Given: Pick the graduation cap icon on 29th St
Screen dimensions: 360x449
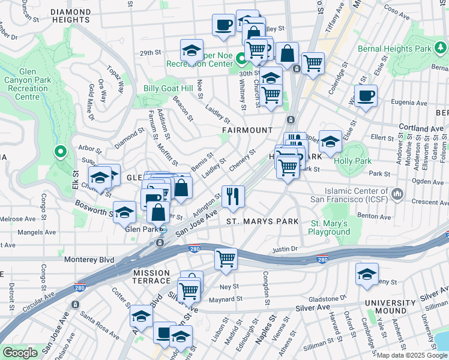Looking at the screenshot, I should pos(191,50).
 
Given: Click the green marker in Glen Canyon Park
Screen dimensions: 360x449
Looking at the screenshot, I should pos(59,152).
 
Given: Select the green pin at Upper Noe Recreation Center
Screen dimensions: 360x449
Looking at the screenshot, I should pos(241,59).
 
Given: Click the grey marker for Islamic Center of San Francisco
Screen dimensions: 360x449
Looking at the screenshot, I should pos(397,194).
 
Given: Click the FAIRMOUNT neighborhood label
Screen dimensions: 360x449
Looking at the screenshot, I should pos(247,130).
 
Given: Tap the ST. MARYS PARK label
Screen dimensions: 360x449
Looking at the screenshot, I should pos(262,221).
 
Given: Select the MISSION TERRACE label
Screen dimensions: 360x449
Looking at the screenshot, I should pos(151,277).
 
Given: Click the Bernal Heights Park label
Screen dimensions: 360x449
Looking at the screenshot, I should pos(403,48).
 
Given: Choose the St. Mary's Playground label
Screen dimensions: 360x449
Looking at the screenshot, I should pos(330,227).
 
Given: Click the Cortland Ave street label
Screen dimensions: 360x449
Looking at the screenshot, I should pos(423,128).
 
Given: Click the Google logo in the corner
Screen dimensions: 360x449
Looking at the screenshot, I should pos(20,353).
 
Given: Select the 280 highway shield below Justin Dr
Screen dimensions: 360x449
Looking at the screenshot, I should pos(323,259).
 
